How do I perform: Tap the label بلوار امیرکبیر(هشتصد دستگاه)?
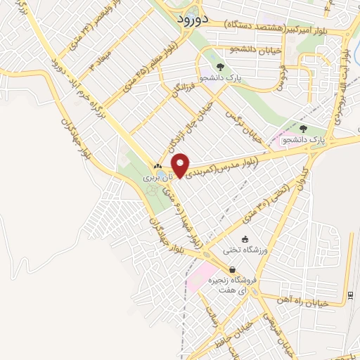pyautogui.click(x=271, y=25)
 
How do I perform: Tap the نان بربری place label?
pyautogui.click(x=157, y=179)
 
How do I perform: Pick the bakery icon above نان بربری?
pyautogui.click(x=157, y=167)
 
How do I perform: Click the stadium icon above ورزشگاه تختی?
pyautogui.click(x=245, y=238)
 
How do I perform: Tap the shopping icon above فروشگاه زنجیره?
pyautogui.click(x=233, y=269)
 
